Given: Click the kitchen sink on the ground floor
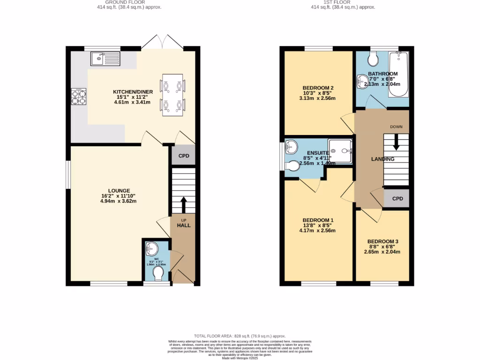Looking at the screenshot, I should click(x=106, y=59).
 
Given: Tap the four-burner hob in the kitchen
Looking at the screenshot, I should click(x=78, y=96).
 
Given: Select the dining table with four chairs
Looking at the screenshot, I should click(x=172, y=94).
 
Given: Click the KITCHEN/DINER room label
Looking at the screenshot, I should click(x=132, y=91).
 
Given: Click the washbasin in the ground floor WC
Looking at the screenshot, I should click(x=151, y=248).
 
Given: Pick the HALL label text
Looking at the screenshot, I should click(x=184, y=225).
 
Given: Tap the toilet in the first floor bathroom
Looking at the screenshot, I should click(x=374, y=59).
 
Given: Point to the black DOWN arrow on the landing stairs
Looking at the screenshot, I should click(x=396, y=142).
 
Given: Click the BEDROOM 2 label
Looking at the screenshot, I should click(x=318, y=88).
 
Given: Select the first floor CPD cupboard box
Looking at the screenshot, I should click(x=397, y=199).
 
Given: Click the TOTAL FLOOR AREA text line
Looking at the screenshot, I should click(x=240, y=336).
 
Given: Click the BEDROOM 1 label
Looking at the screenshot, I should click(x=318, y=220).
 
